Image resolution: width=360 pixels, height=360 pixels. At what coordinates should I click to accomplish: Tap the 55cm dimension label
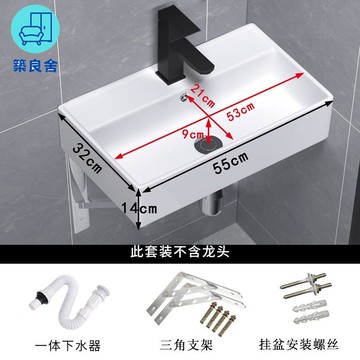[x=231, y=162]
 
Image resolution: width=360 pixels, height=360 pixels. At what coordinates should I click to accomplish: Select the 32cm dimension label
[x=88, y=158]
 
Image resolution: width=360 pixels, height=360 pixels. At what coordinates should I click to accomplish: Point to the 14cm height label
[x=139, y=209]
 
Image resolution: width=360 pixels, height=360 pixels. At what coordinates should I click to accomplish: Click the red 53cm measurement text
[x=240, y=111]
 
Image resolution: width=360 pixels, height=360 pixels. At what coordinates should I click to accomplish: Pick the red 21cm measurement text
[x=202, y=95]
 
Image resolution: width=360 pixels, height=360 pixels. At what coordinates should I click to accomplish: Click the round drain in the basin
[x=208, y=145]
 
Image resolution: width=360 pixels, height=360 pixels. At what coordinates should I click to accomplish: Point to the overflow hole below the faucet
[x=183, y=97]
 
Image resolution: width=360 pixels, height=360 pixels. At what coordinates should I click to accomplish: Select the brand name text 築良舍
[x=35, y=65]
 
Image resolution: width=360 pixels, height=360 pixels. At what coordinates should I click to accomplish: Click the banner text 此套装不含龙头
[x=180, y=252]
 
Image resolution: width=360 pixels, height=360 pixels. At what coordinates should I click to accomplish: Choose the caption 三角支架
[x=186, y=345]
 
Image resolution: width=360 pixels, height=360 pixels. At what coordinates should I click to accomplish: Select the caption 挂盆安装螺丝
[x=299, y=344]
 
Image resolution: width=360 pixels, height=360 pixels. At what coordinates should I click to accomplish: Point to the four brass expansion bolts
[x=218, y=318]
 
